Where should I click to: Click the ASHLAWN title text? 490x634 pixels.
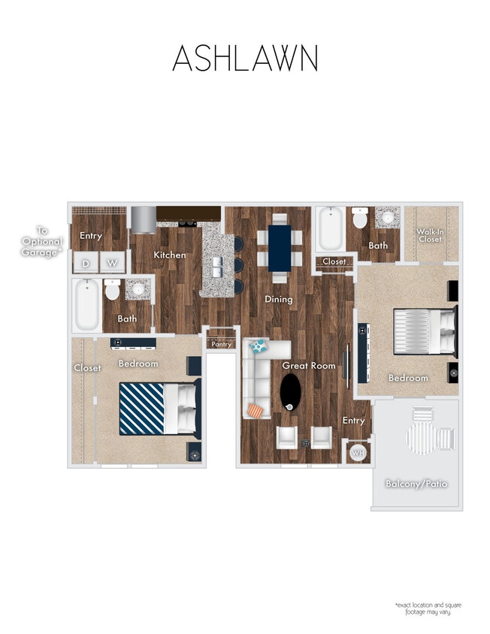tap(245, 59)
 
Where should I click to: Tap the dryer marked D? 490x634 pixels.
tap(85, 263)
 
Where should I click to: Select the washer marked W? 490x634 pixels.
tap(112, 263)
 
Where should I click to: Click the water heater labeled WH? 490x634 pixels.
tap(358, 453)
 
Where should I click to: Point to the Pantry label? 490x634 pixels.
tap(221, 344)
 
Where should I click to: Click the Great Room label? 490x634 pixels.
tap(308, 365)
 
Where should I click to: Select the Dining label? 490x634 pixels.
tap(278, 299)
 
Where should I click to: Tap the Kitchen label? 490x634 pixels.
tap(169, 255)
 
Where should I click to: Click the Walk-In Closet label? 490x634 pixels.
tap(430, 236)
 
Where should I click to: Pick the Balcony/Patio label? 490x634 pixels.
tap(416, 483)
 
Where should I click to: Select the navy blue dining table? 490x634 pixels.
tap(280, 247)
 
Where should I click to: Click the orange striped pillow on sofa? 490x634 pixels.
tap(256, 410)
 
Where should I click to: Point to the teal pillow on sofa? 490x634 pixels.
tap(259, 346)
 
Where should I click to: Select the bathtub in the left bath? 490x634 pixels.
tap(86, 306)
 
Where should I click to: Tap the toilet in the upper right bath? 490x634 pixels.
tap(360, 219)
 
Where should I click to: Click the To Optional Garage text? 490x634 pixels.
tap(41, 243)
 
